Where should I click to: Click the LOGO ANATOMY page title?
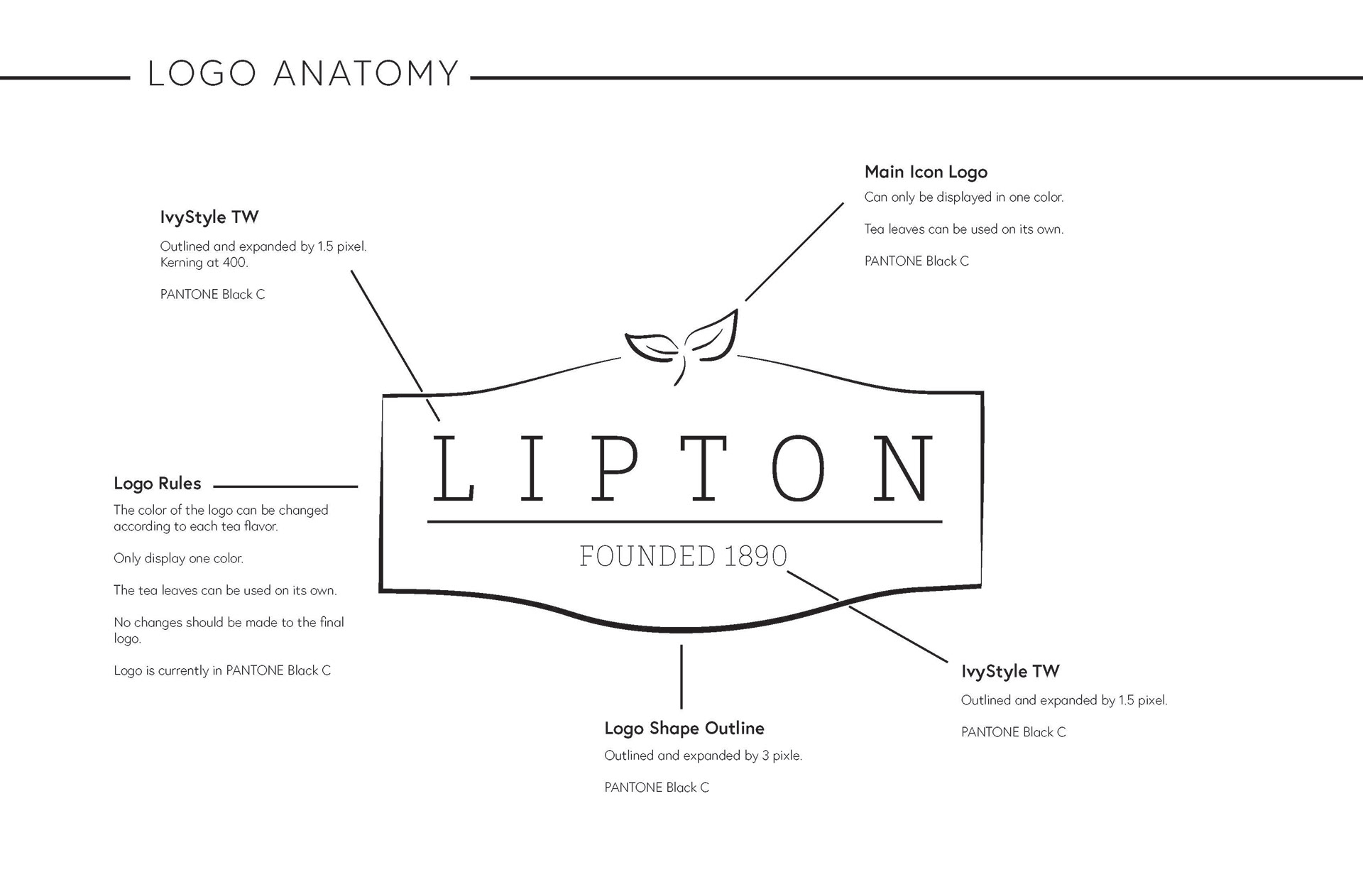pyautogui.click(x=303, y=74)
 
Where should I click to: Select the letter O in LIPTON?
pyautogui.click(x=798, y=469)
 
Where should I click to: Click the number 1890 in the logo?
pyautogui.click(x=755, y=556)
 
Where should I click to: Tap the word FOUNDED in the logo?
pyautogui.click(x=647, y=556)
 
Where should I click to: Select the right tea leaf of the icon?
pyautogui.click(x=714, y=335)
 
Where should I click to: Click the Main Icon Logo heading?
pyautogui.click(x=926, y=172)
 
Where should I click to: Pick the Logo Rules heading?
pyautogui.click(x=158, y=484)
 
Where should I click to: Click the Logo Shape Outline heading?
pyautogui.click(x=684, y=729)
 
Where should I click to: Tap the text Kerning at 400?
pyautogui.click(x=204, y=263)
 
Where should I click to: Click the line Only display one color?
pyautogui.click(x=178, y=559)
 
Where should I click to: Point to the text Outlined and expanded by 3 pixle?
pyautogui.click(x=703, y=756)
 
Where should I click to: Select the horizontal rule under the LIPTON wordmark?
pyautogui.click(x=684, y=522)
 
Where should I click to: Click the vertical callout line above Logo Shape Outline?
pyautogui.click(x=681, y=676)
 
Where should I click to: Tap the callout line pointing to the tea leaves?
pyautogui.click(x=794, y=252)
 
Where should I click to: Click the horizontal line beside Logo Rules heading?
pyautogui.click(x=285, y=486)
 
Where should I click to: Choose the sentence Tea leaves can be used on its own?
pyautogui.click(x=963, y=229)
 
